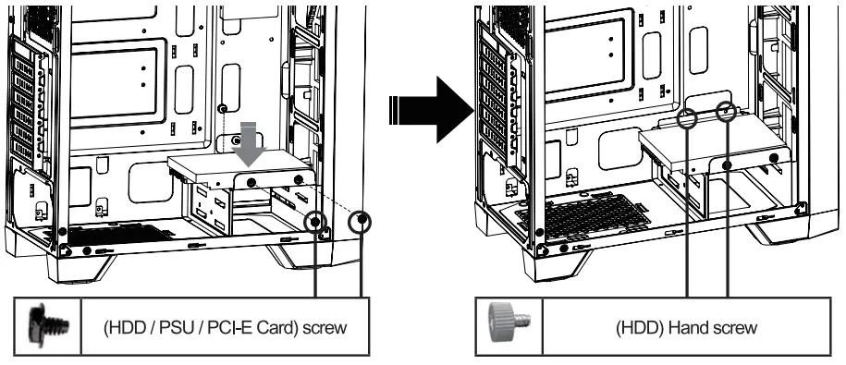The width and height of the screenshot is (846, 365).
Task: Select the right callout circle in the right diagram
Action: tap(728, 112)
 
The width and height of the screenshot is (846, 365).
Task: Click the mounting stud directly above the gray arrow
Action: tap(222, 108)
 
